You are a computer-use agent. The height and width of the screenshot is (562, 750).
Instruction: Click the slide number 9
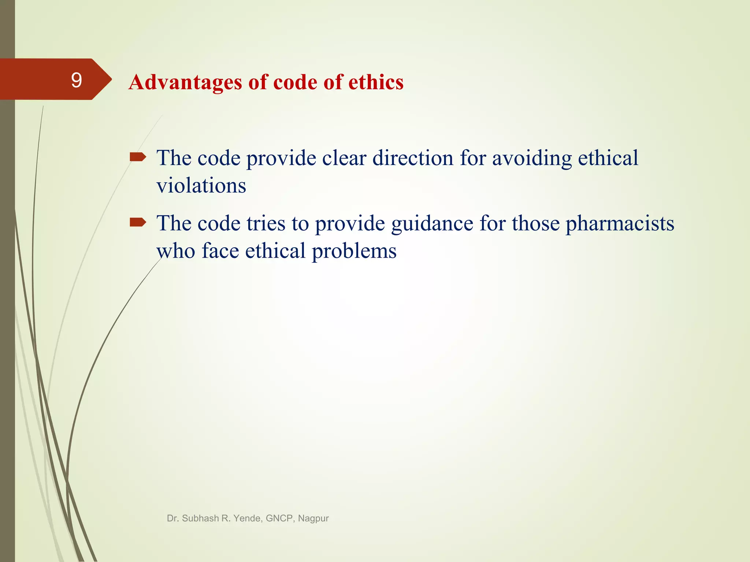[76, 80]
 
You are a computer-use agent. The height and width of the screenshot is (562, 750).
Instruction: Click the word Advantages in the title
[185, 82]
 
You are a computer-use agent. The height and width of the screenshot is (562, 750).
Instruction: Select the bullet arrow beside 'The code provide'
[138, 157]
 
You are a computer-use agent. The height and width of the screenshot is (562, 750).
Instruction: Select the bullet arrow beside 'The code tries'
[138, 222]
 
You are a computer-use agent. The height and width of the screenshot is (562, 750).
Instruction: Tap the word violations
[201, 186]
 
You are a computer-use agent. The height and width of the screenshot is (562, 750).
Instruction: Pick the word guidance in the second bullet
[432, 224]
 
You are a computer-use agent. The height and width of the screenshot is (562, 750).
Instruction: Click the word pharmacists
[620, 223]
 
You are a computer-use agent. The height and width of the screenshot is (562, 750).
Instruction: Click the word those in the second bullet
[536, 223]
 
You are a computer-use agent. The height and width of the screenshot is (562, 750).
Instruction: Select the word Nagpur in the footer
[313, 518]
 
